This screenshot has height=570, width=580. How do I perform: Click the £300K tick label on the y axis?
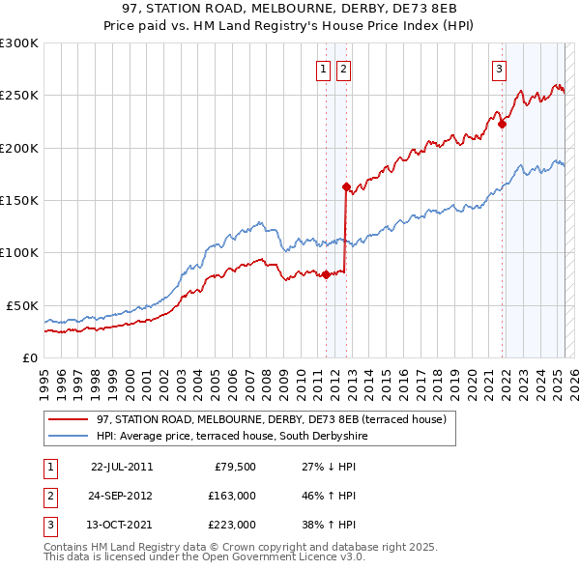19,43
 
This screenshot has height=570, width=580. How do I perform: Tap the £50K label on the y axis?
23,305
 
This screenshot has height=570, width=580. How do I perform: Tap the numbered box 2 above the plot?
343,69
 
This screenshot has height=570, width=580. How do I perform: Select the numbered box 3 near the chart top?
499,69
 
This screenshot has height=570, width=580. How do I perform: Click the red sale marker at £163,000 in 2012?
346,186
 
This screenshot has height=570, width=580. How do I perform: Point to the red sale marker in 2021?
502,124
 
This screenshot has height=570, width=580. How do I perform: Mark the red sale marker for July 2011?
326,274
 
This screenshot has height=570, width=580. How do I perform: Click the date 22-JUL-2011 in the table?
122,467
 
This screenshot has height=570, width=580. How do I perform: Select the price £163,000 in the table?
232,496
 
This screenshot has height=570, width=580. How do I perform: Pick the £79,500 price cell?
235,467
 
